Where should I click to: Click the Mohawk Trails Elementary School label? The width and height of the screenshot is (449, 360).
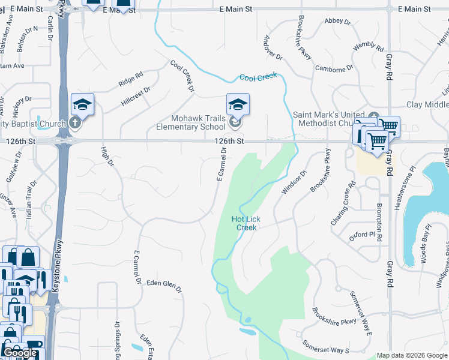click(191, 122)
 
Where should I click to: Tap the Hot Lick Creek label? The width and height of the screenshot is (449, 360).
click(246, 223)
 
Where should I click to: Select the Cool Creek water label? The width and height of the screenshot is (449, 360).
click(258, 77)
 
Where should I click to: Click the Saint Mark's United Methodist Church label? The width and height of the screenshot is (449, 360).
click(329, 119)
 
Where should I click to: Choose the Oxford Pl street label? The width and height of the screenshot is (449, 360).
click(362, 236)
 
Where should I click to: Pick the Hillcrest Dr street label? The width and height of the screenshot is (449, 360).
click(136, 96)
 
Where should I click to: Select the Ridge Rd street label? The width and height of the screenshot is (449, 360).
click(130, 79)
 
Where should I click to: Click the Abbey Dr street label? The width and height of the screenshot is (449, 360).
click(337, 22)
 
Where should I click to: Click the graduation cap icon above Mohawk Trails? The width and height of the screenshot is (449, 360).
click(238, 104)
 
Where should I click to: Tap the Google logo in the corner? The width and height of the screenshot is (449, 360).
click(20, 353)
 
